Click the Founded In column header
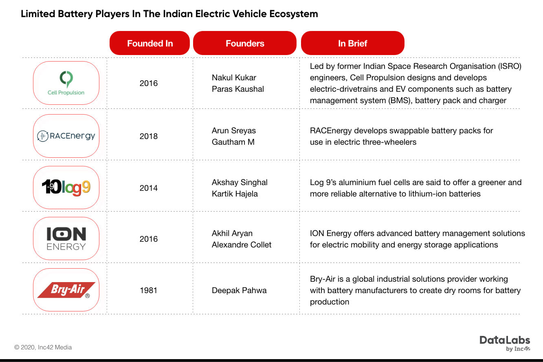(149, 43)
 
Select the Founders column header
(245, 43)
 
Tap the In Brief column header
(352, 43)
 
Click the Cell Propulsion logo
(66, 83)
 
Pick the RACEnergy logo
(66, 136)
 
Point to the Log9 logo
(66, 188)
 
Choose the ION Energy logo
(66, 239)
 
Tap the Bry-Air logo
(66, 290)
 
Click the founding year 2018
(149, 136)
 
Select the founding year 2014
(149, 188)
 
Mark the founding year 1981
(149, 291)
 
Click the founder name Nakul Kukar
(234, 77)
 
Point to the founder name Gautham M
(233, 142)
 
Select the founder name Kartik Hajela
(235, 194)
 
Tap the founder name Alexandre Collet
(242, 245)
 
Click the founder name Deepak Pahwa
(239, 291)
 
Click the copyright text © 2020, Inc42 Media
(43, 347)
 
